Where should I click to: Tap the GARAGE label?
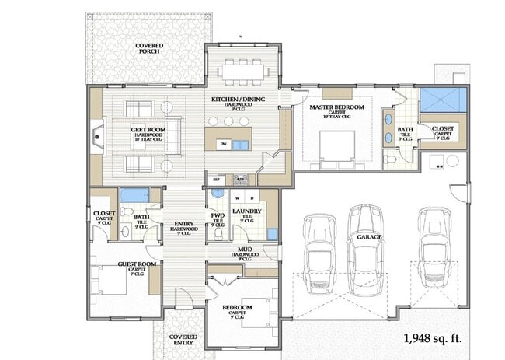pyautogui.click(x=369, y=236)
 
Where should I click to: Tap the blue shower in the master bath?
pyautogui.click(x=442, y=101)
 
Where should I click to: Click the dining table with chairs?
pyautogui.click(x=243, y=71)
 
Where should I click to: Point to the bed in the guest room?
pyautogui.click(x=109, y=278)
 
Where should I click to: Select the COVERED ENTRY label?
pyautogui.click(x=185, y=341)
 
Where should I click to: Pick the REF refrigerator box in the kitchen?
pyautogui.click(x=217, y=179)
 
